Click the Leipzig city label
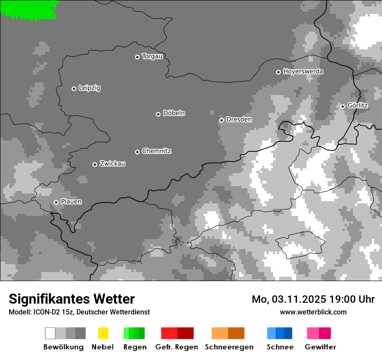click(x=89, y=88)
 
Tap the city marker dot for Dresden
click(x=221, y=120)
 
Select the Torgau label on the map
click(x=152, y=56)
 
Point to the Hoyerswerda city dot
click(x=278, y=72)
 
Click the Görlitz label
click(x=358, y=105)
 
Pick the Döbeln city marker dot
click(x=158, y=114)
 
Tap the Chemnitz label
click(x=157, y=151)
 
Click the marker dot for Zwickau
click(x=95, y=164)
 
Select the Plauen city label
click(x=71, y=202)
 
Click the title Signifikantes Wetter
click(x=72, y=299)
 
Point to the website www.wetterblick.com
click(x=313, y=312)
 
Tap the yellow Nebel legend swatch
click(x=103, y=333)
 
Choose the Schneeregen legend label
click(x=229, y=347)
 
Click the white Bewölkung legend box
click(x=50, y=333)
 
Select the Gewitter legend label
click(x=320, y=347)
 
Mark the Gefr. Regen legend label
click(x=177, y=347)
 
